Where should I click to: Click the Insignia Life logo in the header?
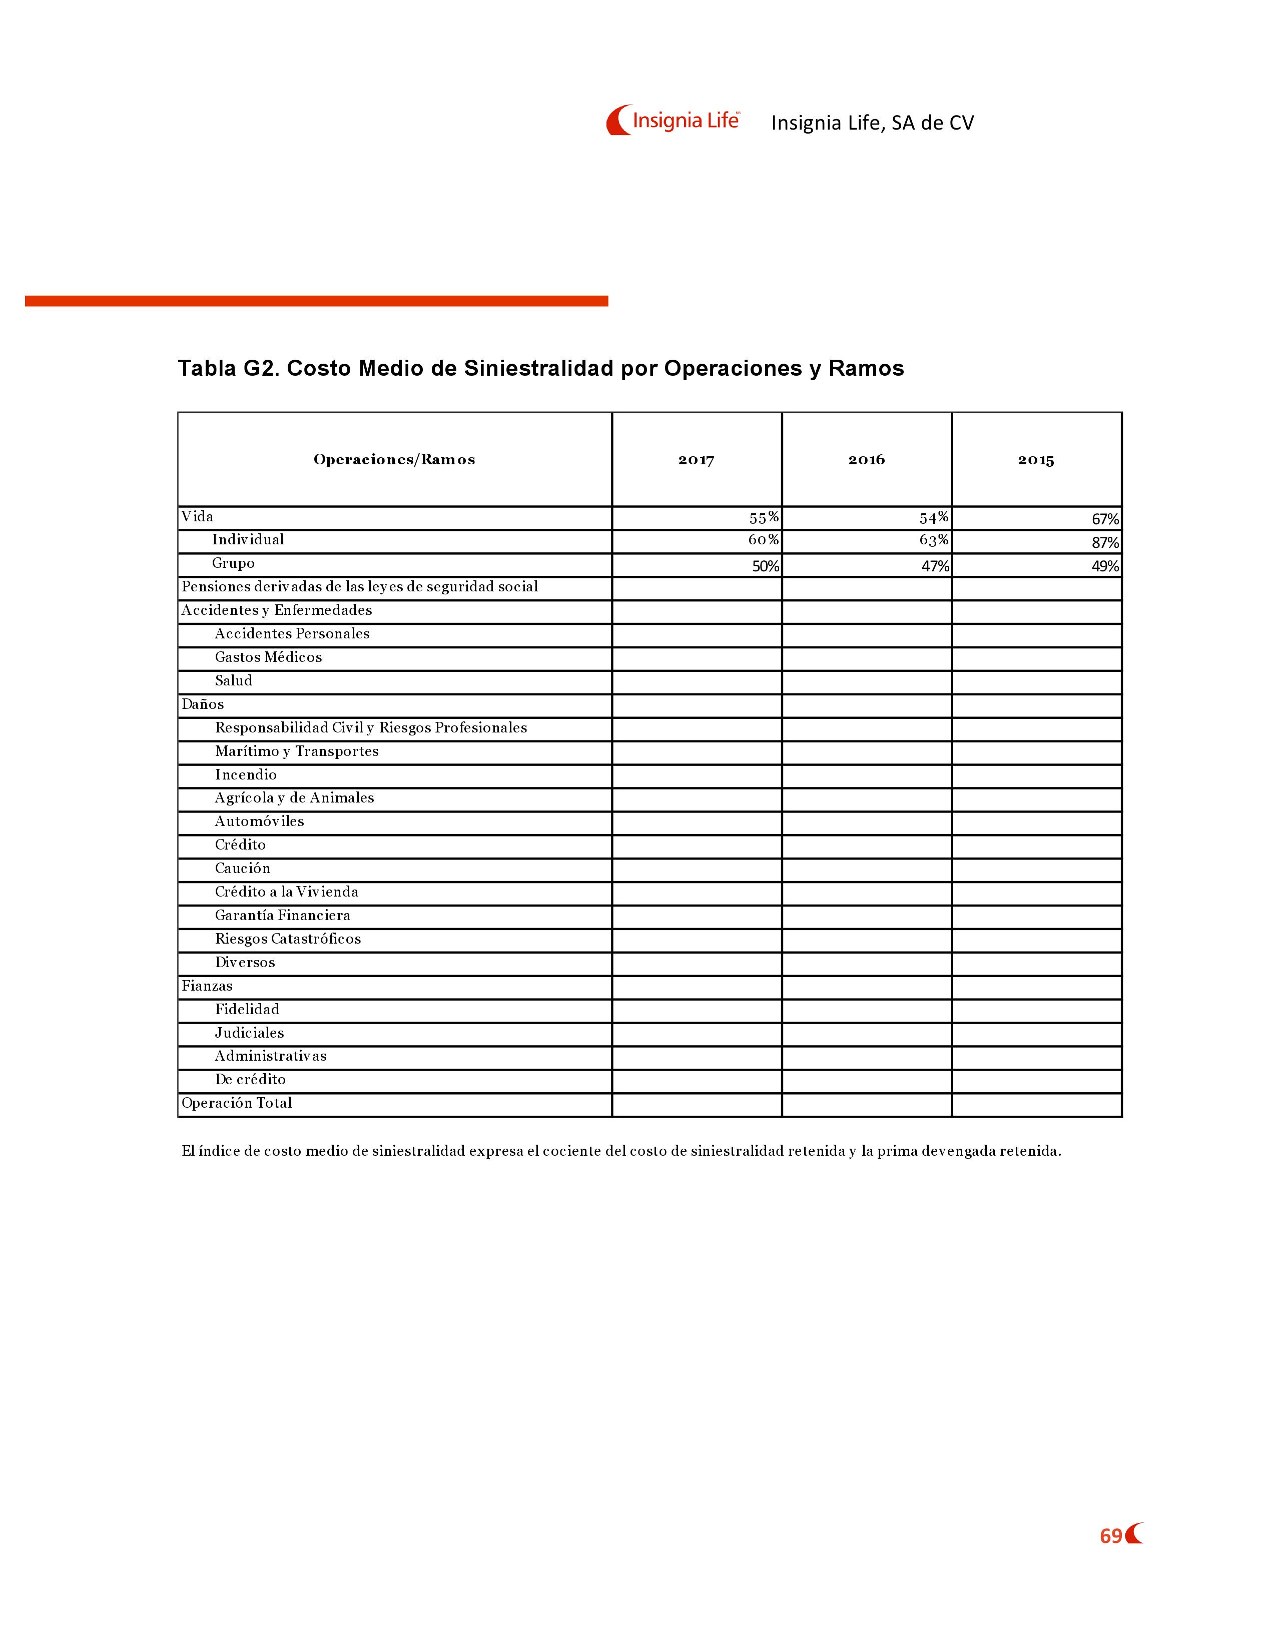point(673,120)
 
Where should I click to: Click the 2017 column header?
point(696,460)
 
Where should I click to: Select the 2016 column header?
point(866,460)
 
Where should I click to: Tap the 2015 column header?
point(1036,460)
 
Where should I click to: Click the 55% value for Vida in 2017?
point(764,518)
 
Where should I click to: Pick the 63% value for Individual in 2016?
point(934,540)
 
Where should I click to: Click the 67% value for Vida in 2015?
point(1105,519)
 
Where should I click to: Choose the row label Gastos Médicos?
point(268,657)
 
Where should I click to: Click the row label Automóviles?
point(259,821)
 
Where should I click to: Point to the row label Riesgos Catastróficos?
point(288,939)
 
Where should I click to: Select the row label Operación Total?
point(237,1103)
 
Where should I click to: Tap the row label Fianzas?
point(207,986)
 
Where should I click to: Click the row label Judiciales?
point(250,1033)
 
